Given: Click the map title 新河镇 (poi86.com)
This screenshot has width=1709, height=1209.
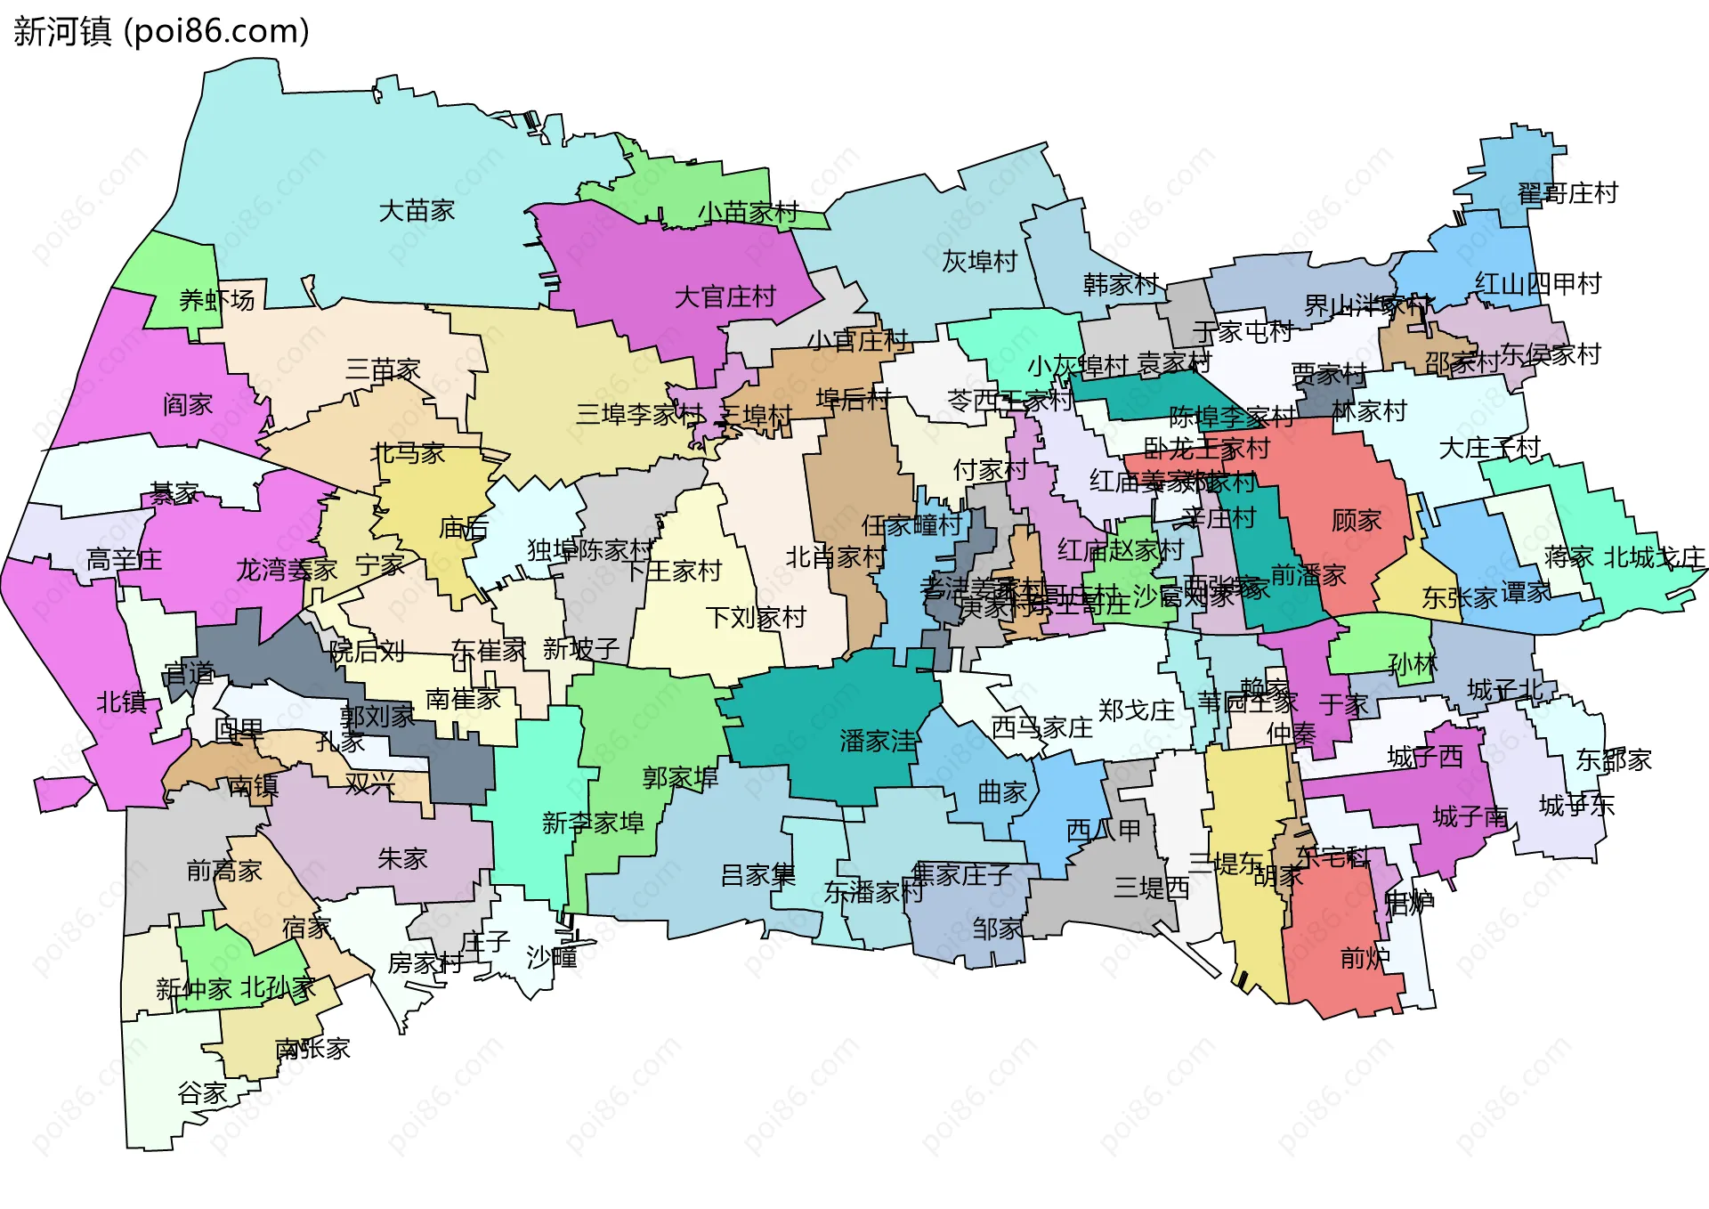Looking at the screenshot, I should pos(161,31).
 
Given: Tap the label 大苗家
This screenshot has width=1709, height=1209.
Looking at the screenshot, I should pos(417,211).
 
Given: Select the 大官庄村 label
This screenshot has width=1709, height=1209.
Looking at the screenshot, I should pos(725,296).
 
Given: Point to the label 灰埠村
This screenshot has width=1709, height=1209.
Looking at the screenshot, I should pos(979,262).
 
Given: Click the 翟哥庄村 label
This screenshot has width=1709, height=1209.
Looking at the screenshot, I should pos(1567,193).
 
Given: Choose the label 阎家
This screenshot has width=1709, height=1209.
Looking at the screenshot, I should pos(188,405).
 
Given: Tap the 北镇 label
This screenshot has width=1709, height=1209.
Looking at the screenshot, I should pos(121,702).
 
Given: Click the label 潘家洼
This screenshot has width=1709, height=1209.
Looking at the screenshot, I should pos(878,741).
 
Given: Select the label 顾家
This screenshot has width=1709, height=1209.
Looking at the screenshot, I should pos(1356,520).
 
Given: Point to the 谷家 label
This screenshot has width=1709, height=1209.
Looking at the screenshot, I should pos(202,1093).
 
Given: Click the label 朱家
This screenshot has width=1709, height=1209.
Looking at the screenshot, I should pos(402,859).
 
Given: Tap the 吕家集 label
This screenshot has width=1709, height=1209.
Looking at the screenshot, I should pos(757,875).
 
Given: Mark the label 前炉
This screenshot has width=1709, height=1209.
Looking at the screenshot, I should pos(1365,958).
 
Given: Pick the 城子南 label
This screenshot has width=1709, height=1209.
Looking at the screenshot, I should pos(1470,816).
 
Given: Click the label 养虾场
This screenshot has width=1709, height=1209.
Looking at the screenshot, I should pos(216,300).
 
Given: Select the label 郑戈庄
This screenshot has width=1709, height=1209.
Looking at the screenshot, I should pos(1136,710).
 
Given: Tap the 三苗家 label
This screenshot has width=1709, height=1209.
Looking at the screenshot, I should pos(383,369).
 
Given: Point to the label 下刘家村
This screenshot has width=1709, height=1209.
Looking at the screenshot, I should pos(755,617).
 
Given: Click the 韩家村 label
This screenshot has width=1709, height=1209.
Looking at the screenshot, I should pos(1121,284).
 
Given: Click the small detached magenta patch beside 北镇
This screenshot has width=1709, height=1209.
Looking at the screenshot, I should pos(62,792).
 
